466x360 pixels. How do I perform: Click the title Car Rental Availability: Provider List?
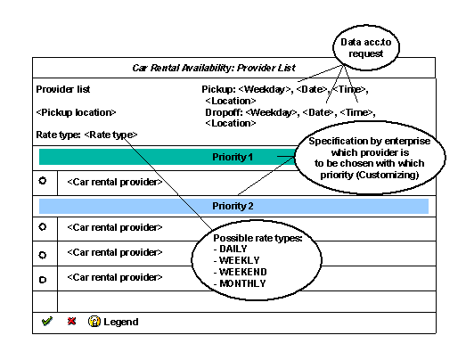pyautogui.click(x=233, y=68)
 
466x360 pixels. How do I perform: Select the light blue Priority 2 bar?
pyautogui.click(x=233, y=206)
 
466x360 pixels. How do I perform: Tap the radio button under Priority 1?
pyautogui.click(x=43, y=181)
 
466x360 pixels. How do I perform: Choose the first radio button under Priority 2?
pyautogui.click(x=43, y=227)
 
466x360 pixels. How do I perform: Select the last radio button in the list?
pyautogui.click(x=43, y=278)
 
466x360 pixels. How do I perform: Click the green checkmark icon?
pyautogui.click(x=46, y=321)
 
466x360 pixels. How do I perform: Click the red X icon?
pyautogui.click(x=71, y=321)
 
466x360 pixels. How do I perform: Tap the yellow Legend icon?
pyautogui.click(x=94, y=321)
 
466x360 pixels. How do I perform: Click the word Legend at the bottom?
pyautogui.click(x=120, y=322)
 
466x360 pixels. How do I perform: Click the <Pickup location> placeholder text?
pyautogui.click(x=76, y=112)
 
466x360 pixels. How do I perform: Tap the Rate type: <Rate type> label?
pyautogui.click(x=86, y=135)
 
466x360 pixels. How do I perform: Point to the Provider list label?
pyautogui.click(x=63, y=89)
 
